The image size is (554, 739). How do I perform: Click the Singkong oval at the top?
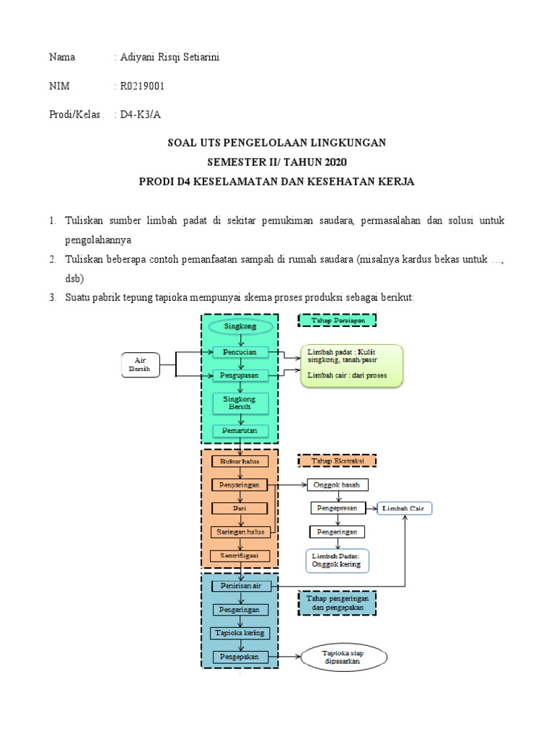pos(241,327)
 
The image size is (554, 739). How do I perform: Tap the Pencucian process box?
pos(241,351)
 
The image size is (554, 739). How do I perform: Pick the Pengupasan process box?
pos(241,375)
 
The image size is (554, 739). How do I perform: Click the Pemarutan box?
pos(241,431)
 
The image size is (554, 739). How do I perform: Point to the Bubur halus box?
pos(241,461)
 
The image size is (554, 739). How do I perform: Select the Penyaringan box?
pos(241,485)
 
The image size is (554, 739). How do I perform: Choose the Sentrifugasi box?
pos(241,556)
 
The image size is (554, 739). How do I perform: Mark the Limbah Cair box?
pos(405,508)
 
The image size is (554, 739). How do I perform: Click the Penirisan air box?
pos(241,586)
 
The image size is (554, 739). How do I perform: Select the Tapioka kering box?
pos(241,633)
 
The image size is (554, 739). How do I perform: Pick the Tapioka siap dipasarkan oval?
pos(343,657)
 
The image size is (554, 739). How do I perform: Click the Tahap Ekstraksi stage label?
pos(338,460)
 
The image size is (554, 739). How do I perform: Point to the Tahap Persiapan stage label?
pos(338,320)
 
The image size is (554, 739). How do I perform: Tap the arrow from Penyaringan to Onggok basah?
pos(289,485)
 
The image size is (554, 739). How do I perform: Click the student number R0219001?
pos(142,86)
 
